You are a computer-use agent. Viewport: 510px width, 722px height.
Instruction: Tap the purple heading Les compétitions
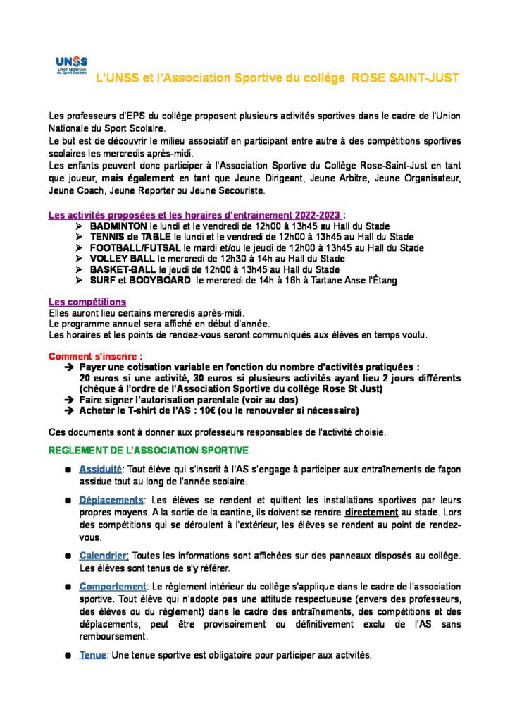pos(87,302)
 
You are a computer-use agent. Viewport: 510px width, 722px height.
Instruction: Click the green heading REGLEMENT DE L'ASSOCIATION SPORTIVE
pos(148,449)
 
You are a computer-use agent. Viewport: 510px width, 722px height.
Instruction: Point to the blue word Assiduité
pos(101,470)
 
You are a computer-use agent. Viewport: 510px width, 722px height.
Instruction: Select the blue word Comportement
pos(113,587)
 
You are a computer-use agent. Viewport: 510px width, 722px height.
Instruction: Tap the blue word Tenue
pos(92,655)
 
